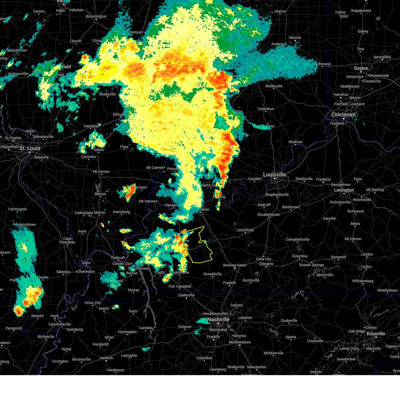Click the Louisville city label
click(x=274, y=175)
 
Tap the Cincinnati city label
click(x=343, y=115)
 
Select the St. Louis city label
click(x=30, y=148)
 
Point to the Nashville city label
click(x=218, y=320)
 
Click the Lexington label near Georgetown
click(x=344, y=190)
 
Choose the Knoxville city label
click(x=376, y=334)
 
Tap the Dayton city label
click(x=361, y=68)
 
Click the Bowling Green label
click(x=235, y=265)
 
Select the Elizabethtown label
click(x=269, y=215)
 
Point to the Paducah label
click(x=118, y=258)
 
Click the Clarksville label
click(x=186, y=295)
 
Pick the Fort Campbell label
click(x=180, y=286)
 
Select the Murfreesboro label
click(x=240, y=342)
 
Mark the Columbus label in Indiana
click(x=265, y=109)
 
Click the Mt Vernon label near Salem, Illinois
click(x=101, y=172)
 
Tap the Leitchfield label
click(x=245, y=230)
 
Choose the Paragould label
click(x=14, y=328)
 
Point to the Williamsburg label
click(x=363, y=281)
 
